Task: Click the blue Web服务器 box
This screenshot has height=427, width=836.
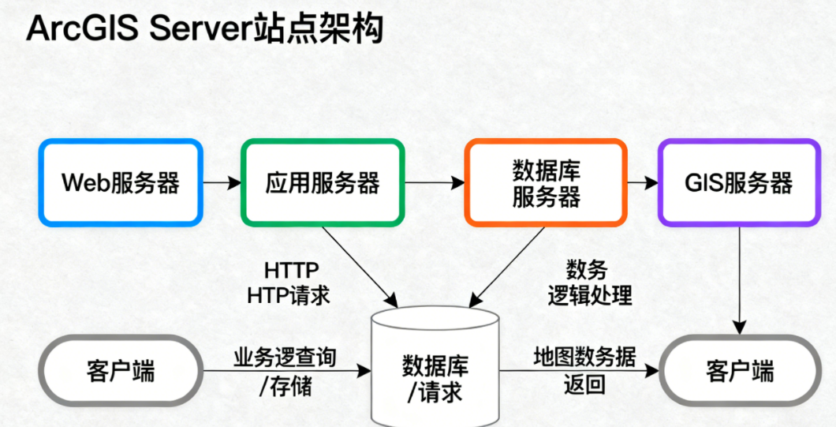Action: (x=121, y=182)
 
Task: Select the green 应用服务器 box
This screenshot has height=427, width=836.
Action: (x=323, y=182)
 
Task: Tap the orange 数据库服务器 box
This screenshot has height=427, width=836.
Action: (x=546, y=182)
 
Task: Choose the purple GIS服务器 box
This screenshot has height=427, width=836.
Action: (x=738, y=182)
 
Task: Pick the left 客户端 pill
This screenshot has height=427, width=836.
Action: (x=121, y=370)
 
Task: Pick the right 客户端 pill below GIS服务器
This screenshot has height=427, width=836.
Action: (x=739, y=370)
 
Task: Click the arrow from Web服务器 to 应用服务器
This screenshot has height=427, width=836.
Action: (x=222, y=182)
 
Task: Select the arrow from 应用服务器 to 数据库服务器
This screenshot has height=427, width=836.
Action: (x=435, y=182)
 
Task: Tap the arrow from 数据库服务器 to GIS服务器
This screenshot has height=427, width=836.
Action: (x=642, y=182)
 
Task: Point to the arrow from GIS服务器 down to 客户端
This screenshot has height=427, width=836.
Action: (x=739, y=276)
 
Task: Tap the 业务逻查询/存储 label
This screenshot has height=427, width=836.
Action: (x=285, y=372)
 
